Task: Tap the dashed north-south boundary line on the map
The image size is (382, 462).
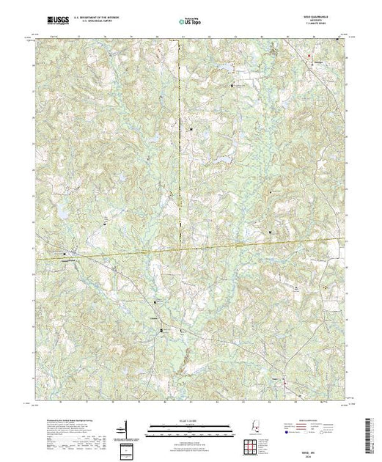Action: (179, 147)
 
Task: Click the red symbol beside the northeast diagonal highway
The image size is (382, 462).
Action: (309, 55)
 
